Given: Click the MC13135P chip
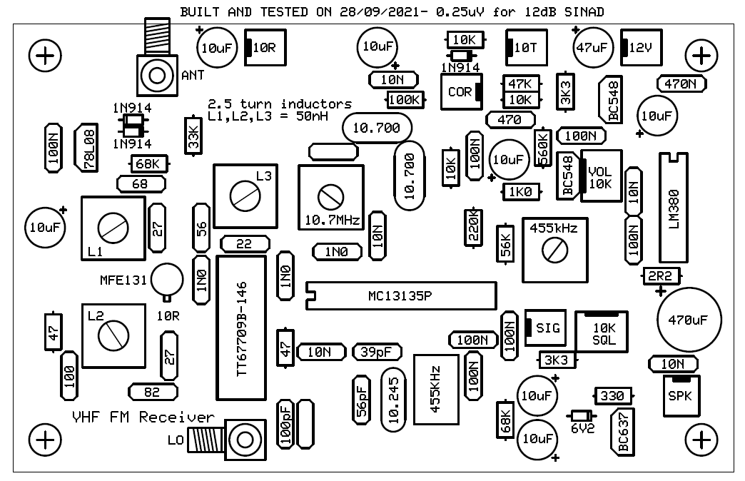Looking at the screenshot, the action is click(x=401, y=295).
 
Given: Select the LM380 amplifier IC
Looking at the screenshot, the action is click(x=673, y=207).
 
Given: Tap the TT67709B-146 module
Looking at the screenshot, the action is click(x=241, y=328).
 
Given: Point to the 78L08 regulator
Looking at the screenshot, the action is click(x=86, y=147).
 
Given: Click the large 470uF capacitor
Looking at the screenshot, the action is click(x=689, y=320).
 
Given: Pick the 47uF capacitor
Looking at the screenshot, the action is click(x=592, y=47).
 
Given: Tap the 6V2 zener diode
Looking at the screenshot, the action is click(x=582, y=416).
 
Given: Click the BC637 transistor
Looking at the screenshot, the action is click(x=623, y=432).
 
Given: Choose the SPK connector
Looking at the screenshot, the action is click(x=681, y=395).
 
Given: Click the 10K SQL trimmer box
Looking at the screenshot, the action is click(x=602, y=332).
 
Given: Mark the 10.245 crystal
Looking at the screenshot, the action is click(x=393, y=400).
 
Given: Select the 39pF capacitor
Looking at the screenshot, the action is click(x=377, y=352).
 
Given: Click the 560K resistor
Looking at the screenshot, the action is click(x=542, y=147).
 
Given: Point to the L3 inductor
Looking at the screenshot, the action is click(x=245, y=196).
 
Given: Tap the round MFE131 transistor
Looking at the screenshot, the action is click(x=167, y=280).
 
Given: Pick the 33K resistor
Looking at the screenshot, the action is click(x=193, y=136).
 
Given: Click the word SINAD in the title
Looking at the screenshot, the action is click(x=584, y=11).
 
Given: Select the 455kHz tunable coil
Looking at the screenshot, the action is click(x=555, y=250).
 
